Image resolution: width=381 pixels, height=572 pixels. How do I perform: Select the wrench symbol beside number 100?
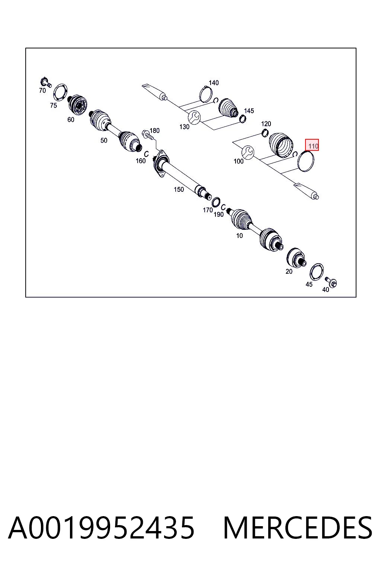point(247,152)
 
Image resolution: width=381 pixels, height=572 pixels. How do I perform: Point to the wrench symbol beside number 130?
point(194,117)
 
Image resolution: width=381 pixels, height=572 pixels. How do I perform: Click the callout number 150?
point(179,190)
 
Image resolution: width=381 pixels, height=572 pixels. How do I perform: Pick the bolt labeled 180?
point(148,134)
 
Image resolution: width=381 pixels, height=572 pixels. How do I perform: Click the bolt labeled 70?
point(46,82)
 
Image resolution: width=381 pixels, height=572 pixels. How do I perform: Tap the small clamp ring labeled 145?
point(243,119)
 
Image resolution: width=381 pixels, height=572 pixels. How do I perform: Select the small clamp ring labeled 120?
point(265,133)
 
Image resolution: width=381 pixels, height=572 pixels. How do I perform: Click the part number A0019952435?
point(101,527)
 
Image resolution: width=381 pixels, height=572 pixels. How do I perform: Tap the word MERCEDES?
point(298,527)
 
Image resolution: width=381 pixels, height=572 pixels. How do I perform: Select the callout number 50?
point(103,140)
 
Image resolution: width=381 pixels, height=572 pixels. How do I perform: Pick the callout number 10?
point(239,236)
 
